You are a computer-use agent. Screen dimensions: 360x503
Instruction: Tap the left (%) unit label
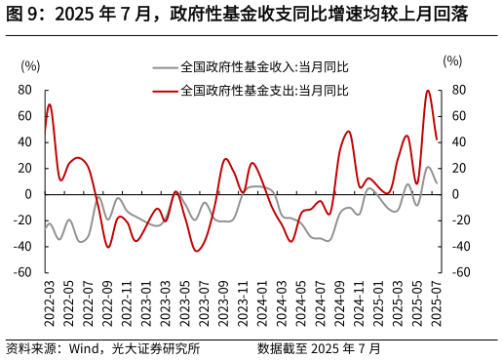click(30, 66)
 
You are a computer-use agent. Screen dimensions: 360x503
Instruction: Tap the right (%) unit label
click(452, 61)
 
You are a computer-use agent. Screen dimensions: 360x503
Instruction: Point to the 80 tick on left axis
click(26, 91)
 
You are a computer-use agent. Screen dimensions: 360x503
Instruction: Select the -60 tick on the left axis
click(23, 272)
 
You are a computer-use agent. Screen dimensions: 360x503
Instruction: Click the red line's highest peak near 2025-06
click(428, 91)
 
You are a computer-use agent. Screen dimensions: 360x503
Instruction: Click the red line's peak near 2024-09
click(348, 131)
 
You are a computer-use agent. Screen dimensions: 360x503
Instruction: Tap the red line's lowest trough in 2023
click(198, 251)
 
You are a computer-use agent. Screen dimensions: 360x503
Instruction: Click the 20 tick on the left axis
click(26, 169)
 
